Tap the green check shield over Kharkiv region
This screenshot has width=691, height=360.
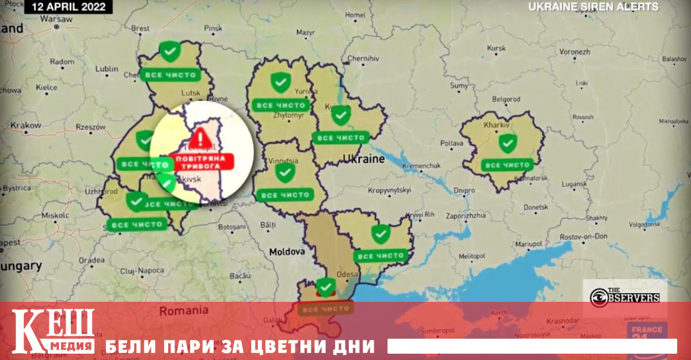pos(507,142)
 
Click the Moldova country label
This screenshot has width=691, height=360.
pos(286,252)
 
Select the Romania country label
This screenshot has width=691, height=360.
pos(185,310)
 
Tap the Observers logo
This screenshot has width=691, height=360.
pos(625,297)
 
